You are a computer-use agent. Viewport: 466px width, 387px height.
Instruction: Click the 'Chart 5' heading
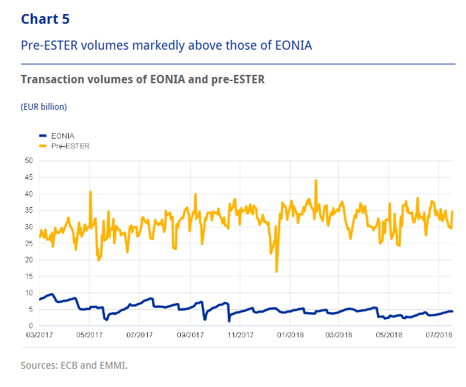click(x=46, y=19)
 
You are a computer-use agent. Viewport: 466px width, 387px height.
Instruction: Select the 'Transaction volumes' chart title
click(x=143, y=79)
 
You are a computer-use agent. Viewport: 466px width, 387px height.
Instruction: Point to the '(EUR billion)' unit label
click(x=43, y=107)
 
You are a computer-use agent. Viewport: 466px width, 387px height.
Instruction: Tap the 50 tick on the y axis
click(x=29, y=160)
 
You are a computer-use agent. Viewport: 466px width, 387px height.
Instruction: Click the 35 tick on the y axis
click(x=29, y=210)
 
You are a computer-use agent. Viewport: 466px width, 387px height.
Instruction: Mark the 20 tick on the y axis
click(x=29, y=260)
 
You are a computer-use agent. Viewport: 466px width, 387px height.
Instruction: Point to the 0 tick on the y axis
click(x=31, y=326)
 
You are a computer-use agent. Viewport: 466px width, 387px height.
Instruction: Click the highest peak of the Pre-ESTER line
click(x=316, y=180)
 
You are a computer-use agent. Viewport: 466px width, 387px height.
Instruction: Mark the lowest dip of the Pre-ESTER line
click(x=277, y=271)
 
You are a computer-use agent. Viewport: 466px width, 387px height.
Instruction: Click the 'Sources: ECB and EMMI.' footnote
click(x=74, y=365)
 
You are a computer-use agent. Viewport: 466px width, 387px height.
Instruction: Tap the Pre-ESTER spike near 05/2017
click(x=90, y=191)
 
